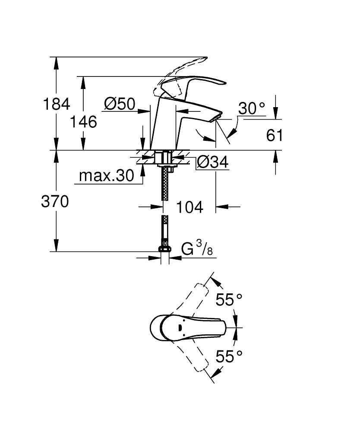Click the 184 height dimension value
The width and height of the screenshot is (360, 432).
coord(55,104)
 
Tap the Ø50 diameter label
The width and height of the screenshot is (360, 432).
coord(120,104)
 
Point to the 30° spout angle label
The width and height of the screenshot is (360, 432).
coord(252,108)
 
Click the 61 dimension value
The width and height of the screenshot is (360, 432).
coord(275,136)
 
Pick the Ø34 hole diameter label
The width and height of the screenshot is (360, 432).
coord(212,162)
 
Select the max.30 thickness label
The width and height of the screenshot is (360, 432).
coord(106,176)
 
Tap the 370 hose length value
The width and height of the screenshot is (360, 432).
coord(55,201)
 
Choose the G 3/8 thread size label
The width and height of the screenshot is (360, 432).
coord(197,250)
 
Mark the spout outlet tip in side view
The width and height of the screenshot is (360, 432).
coord(217,117)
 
